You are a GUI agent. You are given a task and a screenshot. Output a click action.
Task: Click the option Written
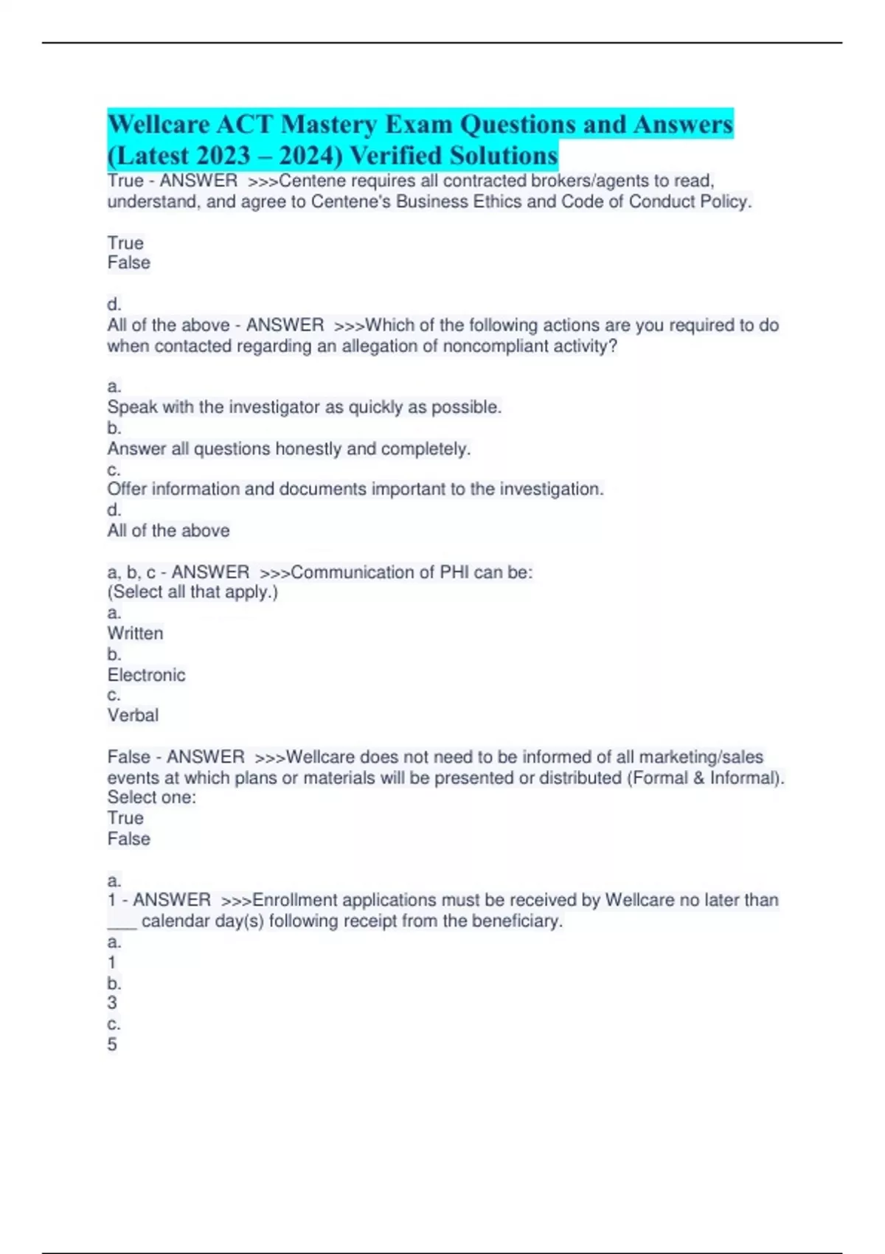click(x=135, y=634)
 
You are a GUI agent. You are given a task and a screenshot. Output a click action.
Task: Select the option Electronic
click(x=146, y=675)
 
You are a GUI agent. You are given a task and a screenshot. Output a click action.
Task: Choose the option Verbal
click(x=133, y=716)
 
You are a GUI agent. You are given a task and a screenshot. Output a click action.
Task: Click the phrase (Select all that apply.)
click(x=192, y=592)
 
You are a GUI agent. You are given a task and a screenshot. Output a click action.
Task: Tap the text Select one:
click(x=152, y=797)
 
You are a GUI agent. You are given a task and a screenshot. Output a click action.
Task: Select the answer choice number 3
click(x=112, y=1003)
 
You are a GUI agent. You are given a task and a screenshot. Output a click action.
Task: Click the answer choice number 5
click(x=112, y=1045)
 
